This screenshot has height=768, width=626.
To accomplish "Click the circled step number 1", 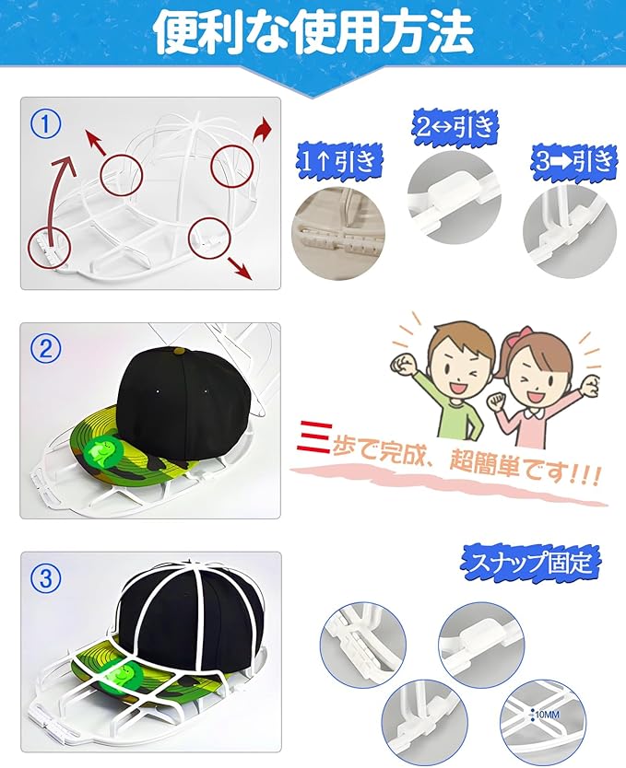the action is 45,124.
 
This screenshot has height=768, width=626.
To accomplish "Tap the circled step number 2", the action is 45,349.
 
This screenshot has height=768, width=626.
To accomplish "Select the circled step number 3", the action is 45,578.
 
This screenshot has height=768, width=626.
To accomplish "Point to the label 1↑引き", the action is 338,161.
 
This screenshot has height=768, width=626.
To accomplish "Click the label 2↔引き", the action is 455,127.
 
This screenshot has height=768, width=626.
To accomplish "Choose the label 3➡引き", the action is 574,160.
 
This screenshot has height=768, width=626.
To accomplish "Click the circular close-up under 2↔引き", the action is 455,196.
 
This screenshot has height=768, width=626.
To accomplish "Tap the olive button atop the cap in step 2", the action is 179,351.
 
